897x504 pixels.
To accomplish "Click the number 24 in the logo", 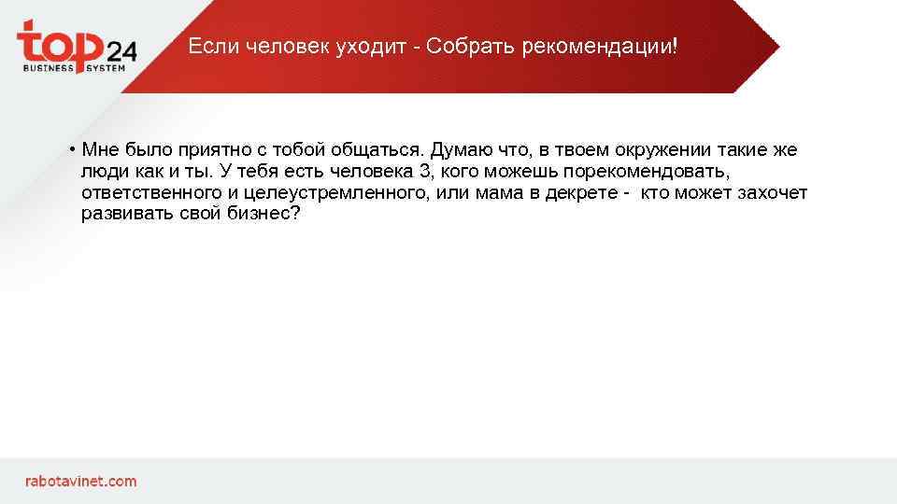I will click(121, 50).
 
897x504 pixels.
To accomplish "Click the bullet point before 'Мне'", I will click(71, 150).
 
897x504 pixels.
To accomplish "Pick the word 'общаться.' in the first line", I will click(377, 150).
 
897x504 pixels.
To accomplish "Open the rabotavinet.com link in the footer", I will click(80, 482).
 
